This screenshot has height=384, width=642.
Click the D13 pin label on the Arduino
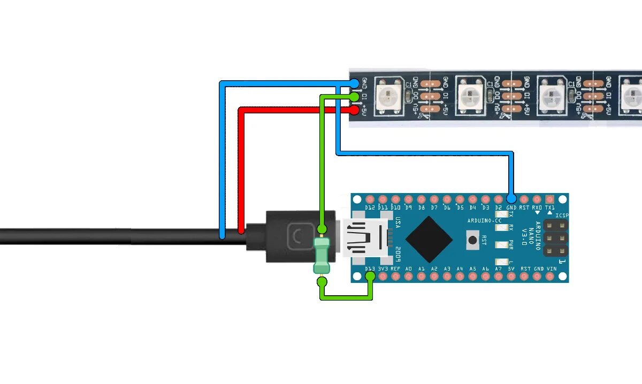369,268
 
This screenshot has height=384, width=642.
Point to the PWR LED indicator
501,245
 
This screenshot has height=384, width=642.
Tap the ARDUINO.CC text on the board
484,221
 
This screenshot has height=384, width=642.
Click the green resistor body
322,256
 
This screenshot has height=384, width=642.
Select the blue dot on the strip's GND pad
355,83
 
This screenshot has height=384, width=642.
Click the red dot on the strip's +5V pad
355,110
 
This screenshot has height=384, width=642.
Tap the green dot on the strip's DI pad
355,97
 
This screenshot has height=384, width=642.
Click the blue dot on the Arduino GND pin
511,199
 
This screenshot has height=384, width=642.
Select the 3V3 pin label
383,268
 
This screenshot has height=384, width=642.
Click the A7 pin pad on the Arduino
498,277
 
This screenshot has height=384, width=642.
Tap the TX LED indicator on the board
501,214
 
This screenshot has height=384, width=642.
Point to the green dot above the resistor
322,229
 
